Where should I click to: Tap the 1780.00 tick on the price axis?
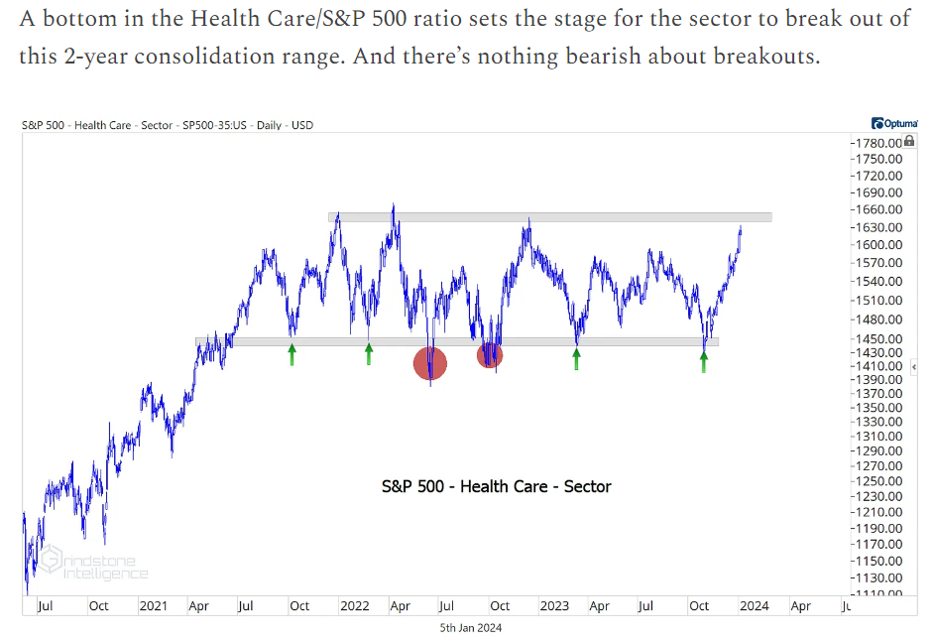point(878,144)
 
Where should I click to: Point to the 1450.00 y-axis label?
point(878,338)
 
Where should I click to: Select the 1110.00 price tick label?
point(878,592)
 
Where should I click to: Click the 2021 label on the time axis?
point(153,605)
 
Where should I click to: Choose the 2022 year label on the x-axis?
point(354,605)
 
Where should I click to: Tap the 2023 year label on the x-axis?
point(554,605)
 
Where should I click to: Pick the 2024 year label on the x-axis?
point(755,605)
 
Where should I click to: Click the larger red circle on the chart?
point(430,363)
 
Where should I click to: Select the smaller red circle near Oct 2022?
point(490,355)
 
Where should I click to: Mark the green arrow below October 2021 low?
point(292,354)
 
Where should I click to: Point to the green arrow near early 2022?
point(369,353)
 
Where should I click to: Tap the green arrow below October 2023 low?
point(704,360)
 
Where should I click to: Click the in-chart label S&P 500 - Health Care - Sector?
point(496,486)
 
